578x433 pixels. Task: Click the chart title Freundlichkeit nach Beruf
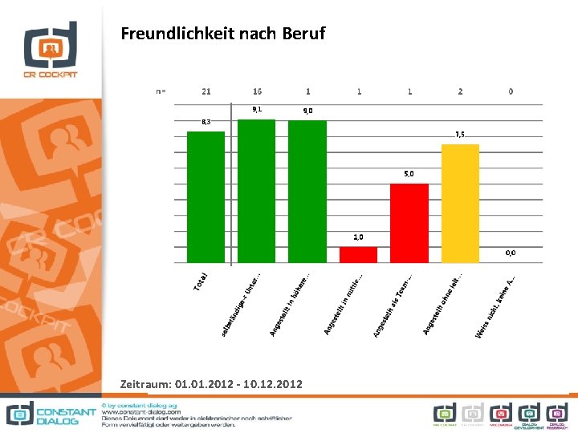[x=223, y=34]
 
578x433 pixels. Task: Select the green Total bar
[x=206, y=196]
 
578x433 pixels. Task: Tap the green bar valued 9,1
[x=257, y=191]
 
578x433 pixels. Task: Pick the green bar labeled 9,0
[x=307, y=191]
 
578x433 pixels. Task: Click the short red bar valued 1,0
[x=358, y=254]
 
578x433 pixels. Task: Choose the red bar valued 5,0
[x=409, y=223]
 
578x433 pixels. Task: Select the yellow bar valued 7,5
[x=460, y=203]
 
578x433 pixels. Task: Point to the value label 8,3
[x=206, y=122]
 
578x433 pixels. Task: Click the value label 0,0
[x=511, y=253]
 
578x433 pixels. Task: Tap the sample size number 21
[x=206, y=91]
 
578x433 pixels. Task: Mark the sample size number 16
[x=257, y=91]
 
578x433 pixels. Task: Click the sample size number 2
[x=460, y=91]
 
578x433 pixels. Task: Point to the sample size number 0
[x=511, y=91]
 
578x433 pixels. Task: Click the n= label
[x=161, y=91]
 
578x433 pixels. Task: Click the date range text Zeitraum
[x=211, y=385]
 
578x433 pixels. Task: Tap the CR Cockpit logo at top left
[x=50, y=50]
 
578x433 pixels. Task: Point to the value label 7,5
[x=460, y=135]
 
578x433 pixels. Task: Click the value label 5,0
[x=409, y=173]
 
